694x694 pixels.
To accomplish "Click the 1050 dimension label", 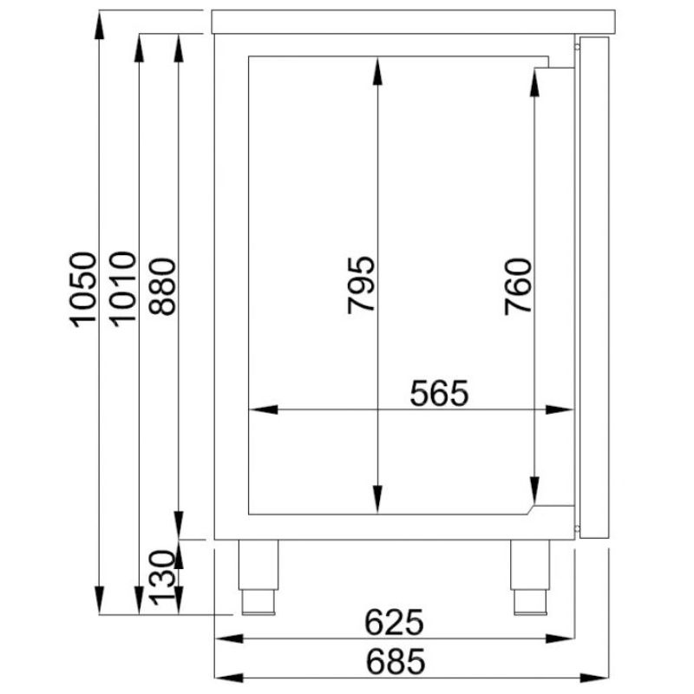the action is click(82, 290).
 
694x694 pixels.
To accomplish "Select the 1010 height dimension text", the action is click(122, 289).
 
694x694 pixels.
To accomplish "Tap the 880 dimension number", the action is click(162, 286).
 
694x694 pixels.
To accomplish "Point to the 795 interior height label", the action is click(361, 285).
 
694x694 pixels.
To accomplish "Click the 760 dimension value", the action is click(518, 287).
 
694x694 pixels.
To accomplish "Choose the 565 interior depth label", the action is click(439, 393).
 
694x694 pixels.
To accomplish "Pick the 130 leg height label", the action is click(161, 578).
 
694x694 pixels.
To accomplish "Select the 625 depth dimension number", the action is click(394, 622).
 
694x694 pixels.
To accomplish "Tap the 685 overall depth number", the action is click(396, 662).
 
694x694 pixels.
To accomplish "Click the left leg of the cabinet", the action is click(259, 577).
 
